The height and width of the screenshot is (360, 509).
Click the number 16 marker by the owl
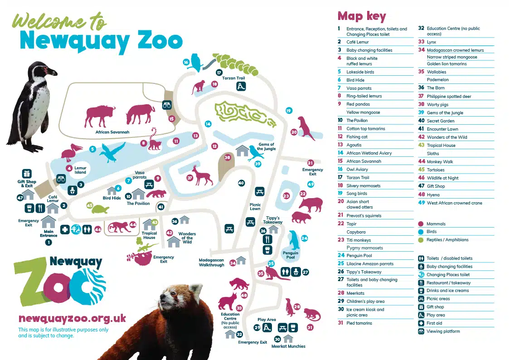pyautogui.click(x=186, y=62)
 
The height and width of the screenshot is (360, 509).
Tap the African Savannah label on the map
pyautogui.click(x=112, y=132)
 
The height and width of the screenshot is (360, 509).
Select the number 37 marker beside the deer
pyautogui.click(x=190, y=178)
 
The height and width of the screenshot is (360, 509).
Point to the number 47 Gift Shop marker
pyautogui.click(x=20, y=198)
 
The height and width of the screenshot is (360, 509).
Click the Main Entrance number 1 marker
pyautogui.click(x=48, y=242)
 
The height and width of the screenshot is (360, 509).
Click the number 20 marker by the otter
pyautogui.click(x=294, y=132)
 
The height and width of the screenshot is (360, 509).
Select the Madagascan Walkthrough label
pyautogui.click(x=212, y=262)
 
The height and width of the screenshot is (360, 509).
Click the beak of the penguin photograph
pyautogui.click(x=54, y=73)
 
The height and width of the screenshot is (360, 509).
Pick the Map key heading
pyautogui.click(x=362, y=17)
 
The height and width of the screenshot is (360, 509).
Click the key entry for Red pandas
pyautogui.click(x=358, y=104)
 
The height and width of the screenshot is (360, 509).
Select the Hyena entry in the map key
pyautogui.click(x=433, y=195)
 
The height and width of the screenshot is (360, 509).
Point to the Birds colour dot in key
pyautogui.click(x=421, y=232)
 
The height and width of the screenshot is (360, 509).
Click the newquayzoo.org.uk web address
pyautogui.click(x=72, y=319)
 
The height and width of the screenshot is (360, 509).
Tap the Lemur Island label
pyautogui.click(x=80, y=170)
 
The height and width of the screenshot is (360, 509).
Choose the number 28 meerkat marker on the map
pyautogui.click(x=297, y=307)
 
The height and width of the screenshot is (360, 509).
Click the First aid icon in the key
pyautogui.click(x=422, y=323)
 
